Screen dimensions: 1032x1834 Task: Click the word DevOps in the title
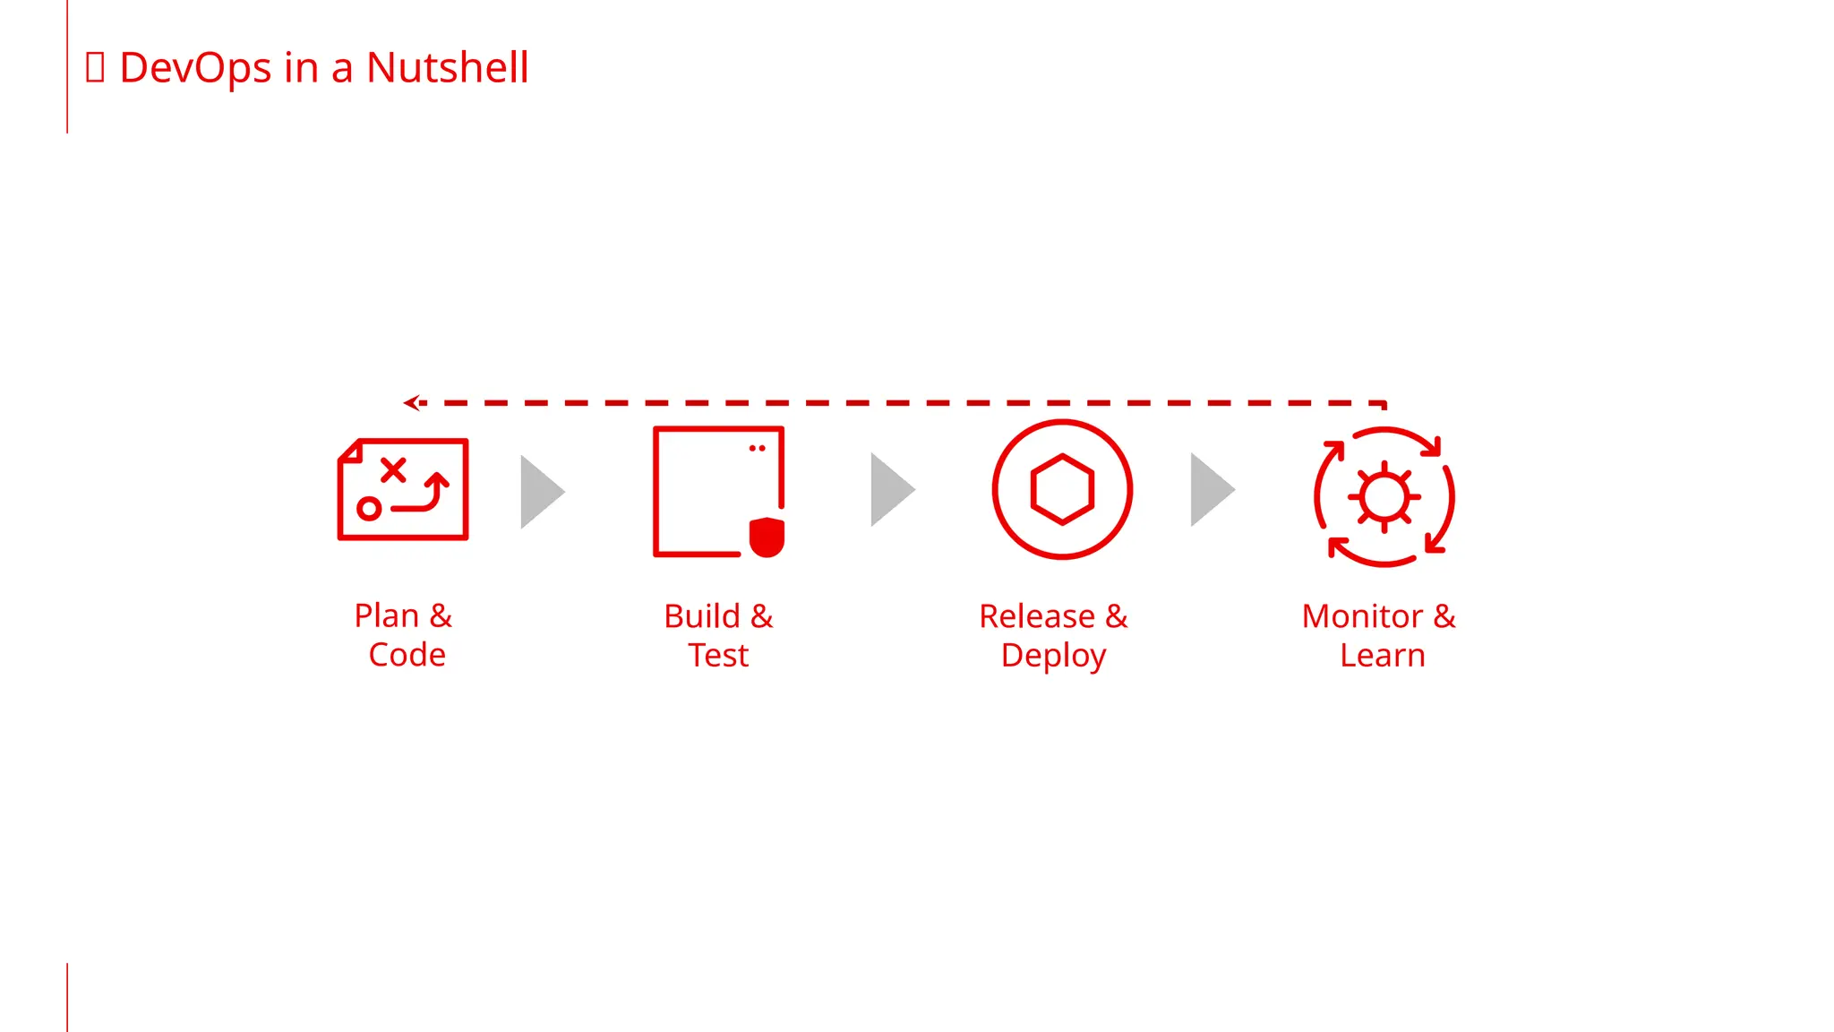pos(195,68)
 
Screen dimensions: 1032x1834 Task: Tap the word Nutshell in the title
pos(447,68)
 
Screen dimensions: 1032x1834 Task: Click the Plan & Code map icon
pos(403,489)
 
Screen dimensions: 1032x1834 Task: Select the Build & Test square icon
pos(718,491)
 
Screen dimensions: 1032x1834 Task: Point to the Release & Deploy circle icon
pos(1062,489)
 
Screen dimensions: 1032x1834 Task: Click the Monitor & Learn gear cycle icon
pos(1384,496)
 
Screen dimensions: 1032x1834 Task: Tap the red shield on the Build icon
pos(767,537)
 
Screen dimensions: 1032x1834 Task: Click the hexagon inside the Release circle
pos(1062,489)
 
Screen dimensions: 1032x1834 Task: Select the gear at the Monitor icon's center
pos(1384,496)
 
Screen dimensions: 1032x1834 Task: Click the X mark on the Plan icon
pos(393,469)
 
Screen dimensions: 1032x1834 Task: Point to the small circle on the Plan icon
pos(369,509)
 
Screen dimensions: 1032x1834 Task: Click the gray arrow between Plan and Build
pos(541,491)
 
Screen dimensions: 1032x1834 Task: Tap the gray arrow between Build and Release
pos(891,489)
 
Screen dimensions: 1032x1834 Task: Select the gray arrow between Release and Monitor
pos(1211,489)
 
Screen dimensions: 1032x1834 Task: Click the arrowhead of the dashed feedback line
pos(412,403)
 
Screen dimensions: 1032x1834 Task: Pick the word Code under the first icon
pos(407,655)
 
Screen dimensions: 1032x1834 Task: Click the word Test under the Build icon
pos(718,656)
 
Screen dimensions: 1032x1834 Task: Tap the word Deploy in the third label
pos(1053,656)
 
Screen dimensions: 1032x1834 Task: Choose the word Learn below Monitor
pos(1382,656)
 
